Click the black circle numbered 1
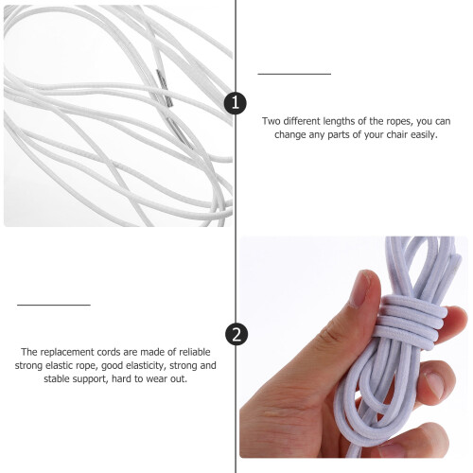(x=236, y=103)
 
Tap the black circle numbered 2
(x=236, y=334)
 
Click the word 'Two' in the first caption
(x=272, y=121)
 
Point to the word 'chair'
(x=397, y=134)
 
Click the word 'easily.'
(x=424, y=135)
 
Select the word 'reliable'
(x=195, y=352)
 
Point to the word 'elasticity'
(x=146, y=365)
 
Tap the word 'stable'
(x=58, y=378)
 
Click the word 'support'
(x=91, y=379)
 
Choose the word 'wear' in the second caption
(x=157, y=379)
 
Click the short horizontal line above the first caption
(x=294, y=74)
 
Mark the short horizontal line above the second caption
(x=54, y=305)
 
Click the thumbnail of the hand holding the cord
(x=354, y=347)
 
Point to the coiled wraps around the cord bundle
(x=411, y=322)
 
